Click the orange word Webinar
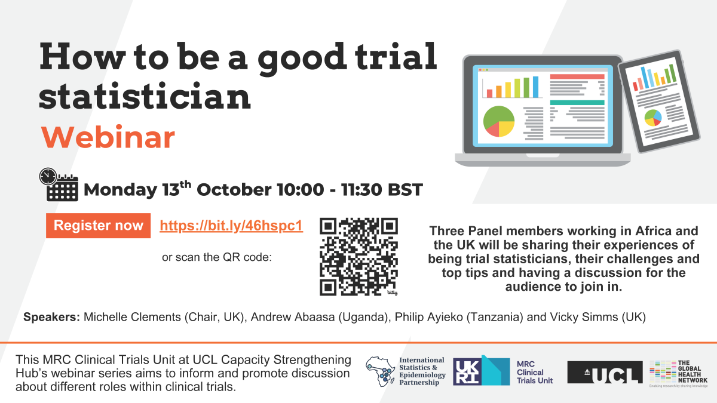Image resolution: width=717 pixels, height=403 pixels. pyautogui.click(x=108, y=137)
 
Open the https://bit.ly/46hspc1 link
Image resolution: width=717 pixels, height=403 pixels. pyautogui.click(x=231, y=226)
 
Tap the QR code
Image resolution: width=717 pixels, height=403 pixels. pyautogui.click(x=359, y=257)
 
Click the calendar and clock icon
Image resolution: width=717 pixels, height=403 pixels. pyautogui.click(x=59, y=184)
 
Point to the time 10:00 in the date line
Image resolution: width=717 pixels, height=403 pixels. pyautogui.click(x=300, y=190)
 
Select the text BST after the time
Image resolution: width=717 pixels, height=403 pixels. pyautogui.click(x=405, y=190)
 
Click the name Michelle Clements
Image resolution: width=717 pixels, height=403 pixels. pyautogui.click(x=132, y=317)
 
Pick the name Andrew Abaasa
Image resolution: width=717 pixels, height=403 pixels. pyautogui.click(x=293, y=317)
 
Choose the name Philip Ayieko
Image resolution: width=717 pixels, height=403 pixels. pyautogui.click(x=428, y=317)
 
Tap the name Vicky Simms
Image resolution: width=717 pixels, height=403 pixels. pyautogui.click(x=584, y=317)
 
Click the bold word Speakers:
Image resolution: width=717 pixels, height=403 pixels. pyautogui.click(x=51, y=317)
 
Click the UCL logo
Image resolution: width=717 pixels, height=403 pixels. pyautogui.click(x=605, y=372)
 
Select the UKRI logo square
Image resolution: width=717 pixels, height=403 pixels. pyautogui.click(x=467, y=371)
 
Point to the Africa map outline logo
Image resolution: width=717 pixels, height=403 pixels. pyautogui.click(x=381, y=371)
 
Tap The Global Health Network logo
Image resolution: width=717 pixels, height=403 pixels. pyautogui.click(x=678, y=374)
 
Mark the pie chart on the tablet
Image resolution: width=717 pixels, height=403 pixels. pyautogui.click(x=652, y=118)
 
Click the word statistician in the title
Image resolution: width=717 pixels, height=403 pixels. pyautogui.click(x=145, y=96)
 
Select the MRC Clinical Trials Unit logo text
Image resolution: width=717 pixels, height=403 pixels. pyautogui.click(x=535, y=373)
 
